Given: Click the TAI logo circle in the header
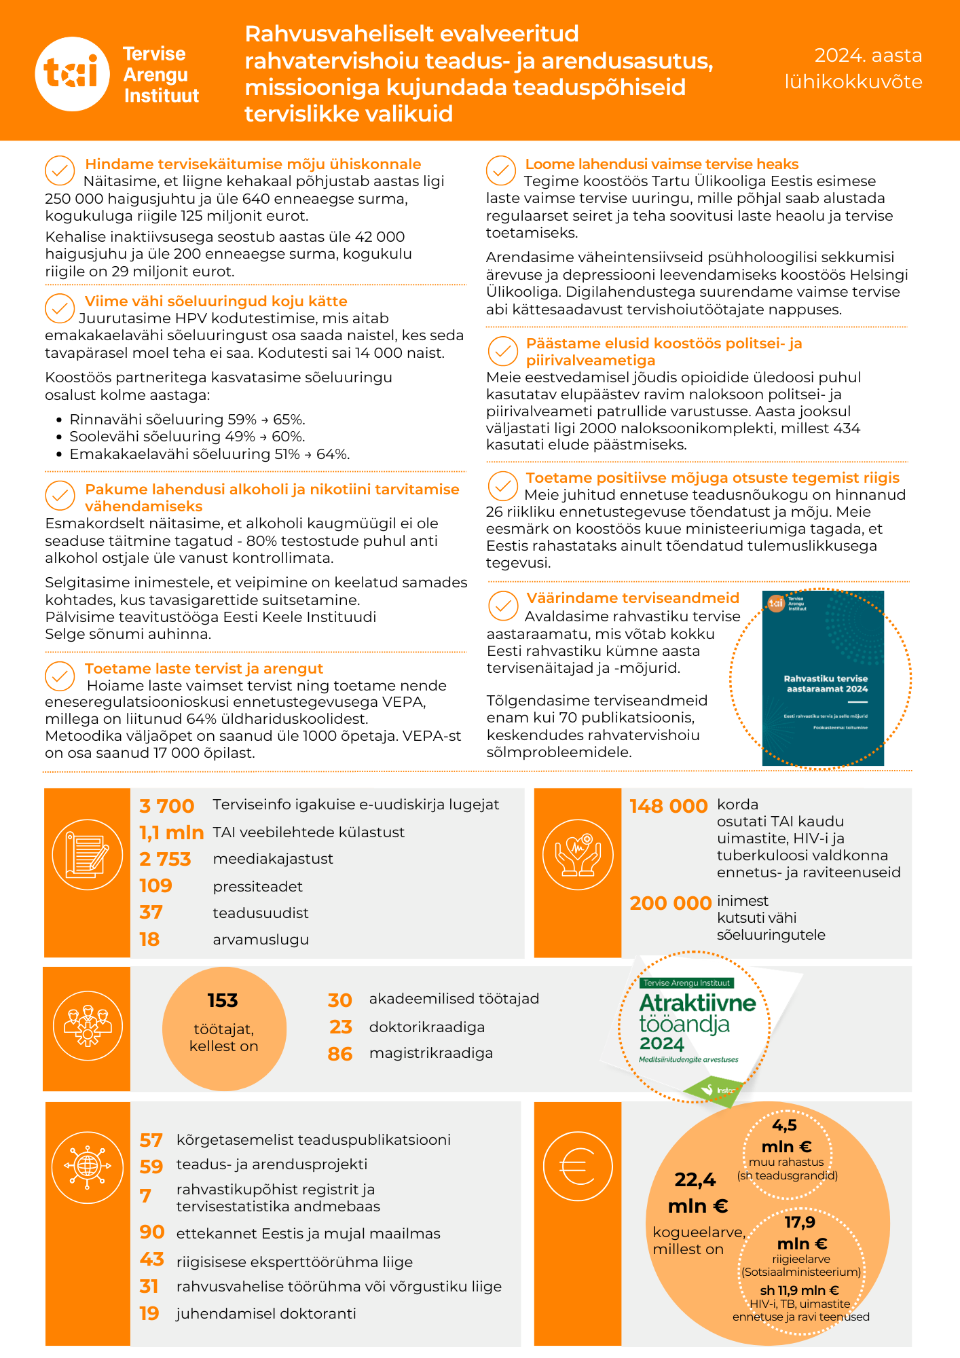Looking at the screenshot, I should click(72, 73).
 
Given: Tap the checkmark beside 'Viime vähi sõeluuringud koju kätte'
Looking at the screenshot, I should click(60, 308).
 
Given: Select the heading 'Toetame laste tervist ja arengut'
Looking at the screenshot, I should click(204, 668).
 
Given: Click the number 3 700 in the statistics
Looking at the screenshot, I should click(167, 806).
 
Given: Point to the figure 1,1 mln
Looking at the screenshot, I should click(172, 832).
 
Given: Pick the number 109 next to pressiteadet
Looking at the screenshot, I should click(156, 886).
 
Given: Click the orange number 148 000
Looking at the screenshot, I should click(669, 806).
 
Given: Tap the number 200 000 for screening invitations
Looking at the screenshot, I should click(670, 903).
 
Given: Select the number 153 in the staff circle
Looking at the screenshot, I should click(223, 1000).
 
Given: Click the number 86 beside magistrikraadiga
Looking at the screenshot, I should click(340, 1054).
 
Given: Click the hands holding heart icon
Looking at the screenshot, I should click(578, 855).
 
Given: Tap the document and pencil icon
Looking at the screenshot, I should click(88, 855).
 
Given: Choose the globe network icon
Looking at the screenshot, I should click(88, 1167).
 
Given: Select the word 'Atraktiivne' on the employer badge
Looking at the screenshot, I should click(697, 1003).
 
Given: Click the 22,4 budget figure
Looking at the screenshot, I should click(695, 1180).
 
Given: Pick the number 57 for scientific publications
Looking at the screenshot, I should click(151, 1140).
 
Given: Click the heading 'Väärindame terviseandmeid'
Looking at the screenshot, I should click(633, 598).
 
